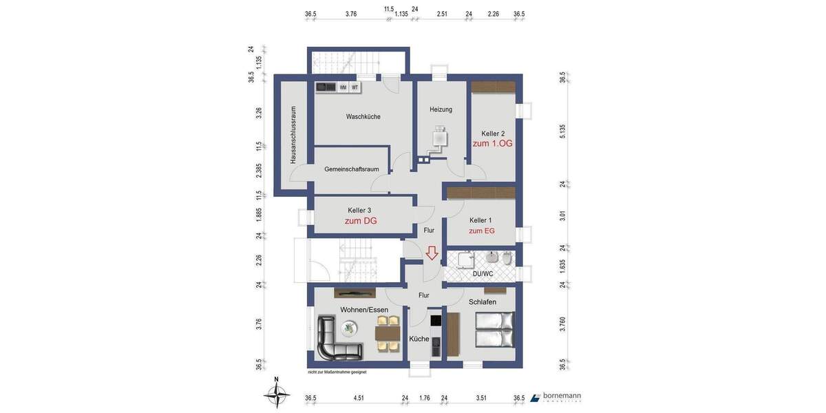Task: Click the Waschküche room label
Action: [363, 117]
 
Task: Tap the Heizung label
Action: [441, 109]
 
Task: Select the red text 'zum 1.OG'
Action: [492, 143]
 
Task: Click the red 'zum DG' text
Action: [360, 221]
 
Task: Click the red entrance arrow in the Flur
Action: [432, 253]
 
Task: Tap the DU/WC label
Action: [482, 274]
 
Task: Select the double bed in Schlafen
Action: [494, 330]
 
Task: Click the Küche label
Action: [419, 339]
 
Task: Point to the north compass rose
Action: [277, 394]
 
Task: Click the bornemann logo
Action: [555, 397]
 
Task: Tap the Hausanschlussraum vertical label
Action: [293, 134]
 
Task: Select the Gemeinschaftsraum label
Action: [352, 169]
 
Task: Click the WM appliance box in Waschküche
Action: [343, 87]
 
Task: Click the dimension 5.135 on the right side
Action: [562, 131]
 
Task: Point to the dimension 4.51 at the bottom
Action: [358, 397]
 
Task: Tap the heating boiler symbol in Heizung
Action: [438, 138]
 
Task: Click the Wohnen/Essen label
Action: [364, 310]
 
